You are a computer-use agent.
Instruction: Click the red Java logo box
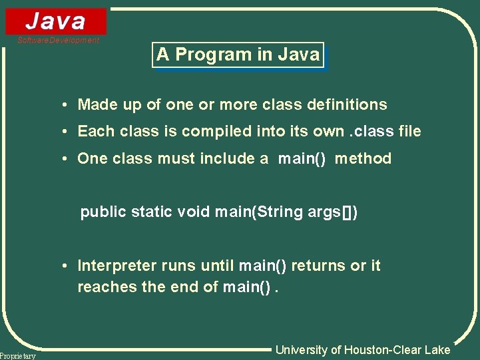coord(56,21)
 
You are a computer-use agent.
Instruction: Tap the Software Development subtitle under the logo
coord(59,41)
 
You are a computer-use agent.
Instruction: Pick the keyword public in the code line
coord(103,212)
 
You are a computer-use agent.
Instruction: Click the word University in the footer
coord(301,350)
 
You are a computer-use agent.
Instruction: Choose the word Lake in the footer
coord(438,350)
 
